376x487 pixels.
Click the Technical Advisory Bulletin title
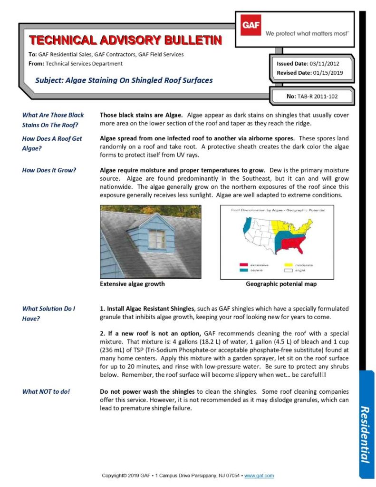pyautogui.click(x=125, y=40)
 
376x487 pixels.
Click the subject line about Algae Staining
pyautogui.click(x=124, y=80)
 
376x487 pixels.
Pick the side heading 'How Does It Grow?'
pyautogui.click(x=49, y=170)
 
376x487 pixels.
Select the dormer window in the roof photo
pyautogui.click(x=157, y=238)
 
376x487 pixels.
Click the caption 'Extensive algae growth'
pyautogui.click(x=132, y=284)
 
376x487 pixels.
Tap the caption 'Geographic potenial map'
pyautogui.click(x=281, y=284)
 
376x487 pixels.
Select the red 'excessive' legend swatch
pyautogui.click(x=243, y=264)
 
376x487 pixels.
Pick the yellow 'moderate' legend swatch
pyautogui.click(x=289, y=264)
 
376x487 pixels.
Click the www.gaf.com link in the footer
pyautogui.click(x=260, y=476)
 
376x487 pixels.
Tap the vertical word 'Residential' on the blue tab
pyautogui.click(x=365, y=434)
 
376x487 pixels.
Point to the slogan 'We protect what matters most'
pyautogui.click(x=307, y=34)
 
